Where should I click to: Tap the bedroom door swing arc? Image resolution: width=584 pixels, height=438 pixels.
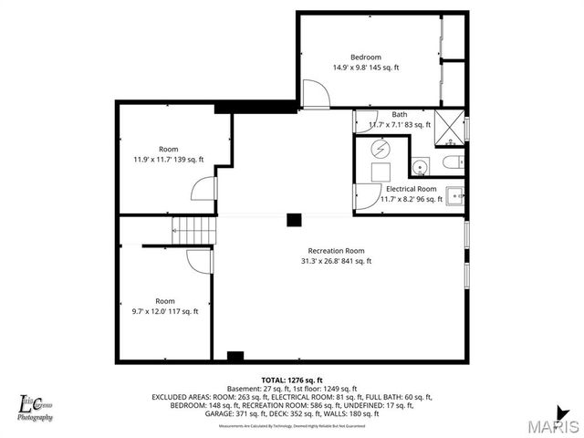313,94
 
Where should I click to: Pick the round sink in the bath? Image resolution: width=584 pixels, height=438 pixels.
420,167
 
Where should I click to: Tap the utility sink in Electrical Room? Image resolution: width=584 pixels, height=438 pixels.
454,195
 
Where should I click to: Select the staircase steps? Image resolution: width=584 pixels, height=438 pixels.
195,229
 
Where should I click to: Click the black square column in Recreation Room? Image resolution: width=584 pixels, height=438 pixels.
294,220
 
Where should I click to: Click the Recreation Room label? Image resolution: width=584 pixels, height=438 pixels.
336,251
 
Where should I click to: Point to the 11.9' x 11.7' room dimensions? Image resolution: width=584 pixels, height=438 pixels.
169,160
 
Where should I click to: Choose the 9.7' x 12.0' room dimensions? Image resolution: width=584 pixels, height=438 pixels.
165,311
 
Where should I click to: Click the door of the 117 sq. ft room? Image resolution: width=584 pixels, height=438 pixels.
199,261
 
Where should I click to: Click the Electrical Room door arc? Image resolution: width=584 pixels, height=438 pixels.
366,193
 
